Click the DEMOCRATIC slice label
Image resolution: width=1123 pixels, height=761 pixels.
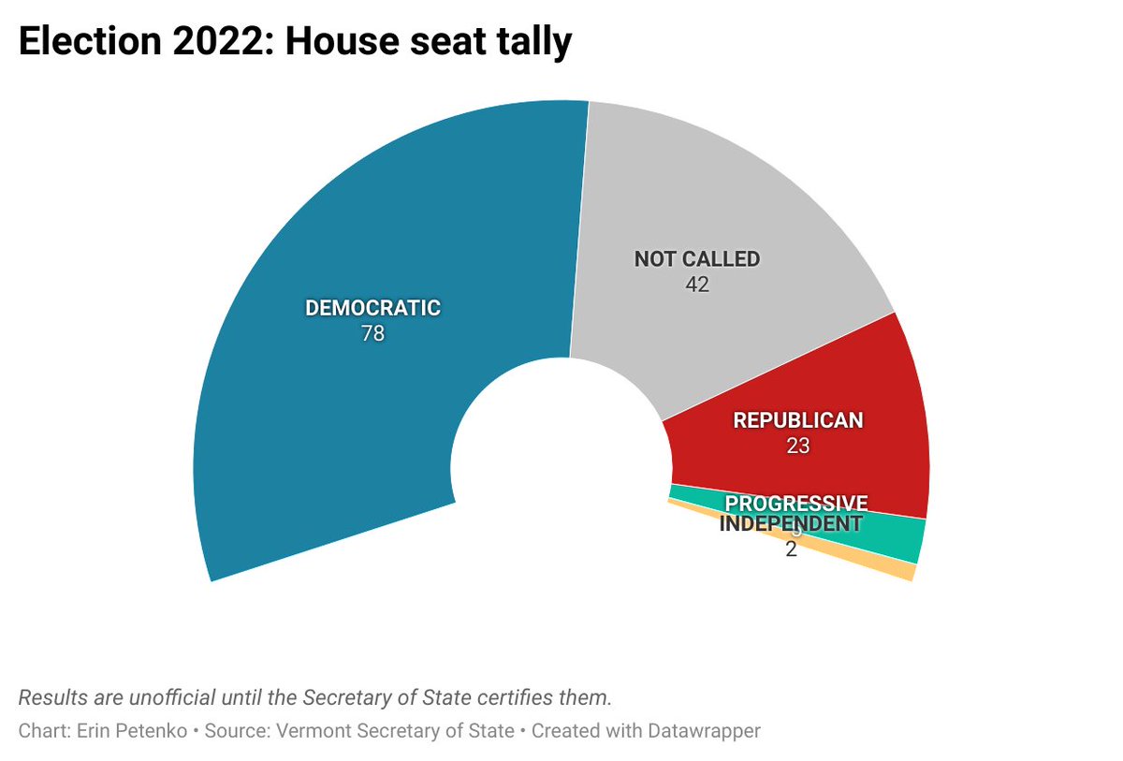click(x=372, y=308)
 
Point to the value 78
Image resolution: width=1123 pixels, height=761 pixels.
click(x=372, y=333)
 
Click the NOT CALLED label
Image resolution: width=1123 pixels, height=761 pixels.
click(x=697, y=259)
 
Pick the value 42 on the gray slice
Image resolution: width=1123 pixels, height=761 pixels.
click(x=697, y=285)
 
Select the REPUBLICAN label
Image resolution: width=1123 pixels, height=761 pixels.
click(x=797, y=421)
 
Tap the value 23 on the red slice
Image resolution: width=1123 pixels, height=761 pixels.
click(x=797, y=446)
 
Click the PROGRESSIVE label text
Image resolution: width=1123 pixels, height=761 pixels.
click(x=796, y=504)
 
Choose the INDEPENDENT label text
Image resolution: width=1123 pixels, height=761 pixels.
click(x=790, y=524)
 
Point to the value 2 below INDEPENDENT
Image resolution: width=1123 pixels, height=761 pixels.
click(x=791, y=549)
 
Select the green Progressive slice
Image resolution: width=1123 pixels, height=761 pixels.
click(x=898, y=540)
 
